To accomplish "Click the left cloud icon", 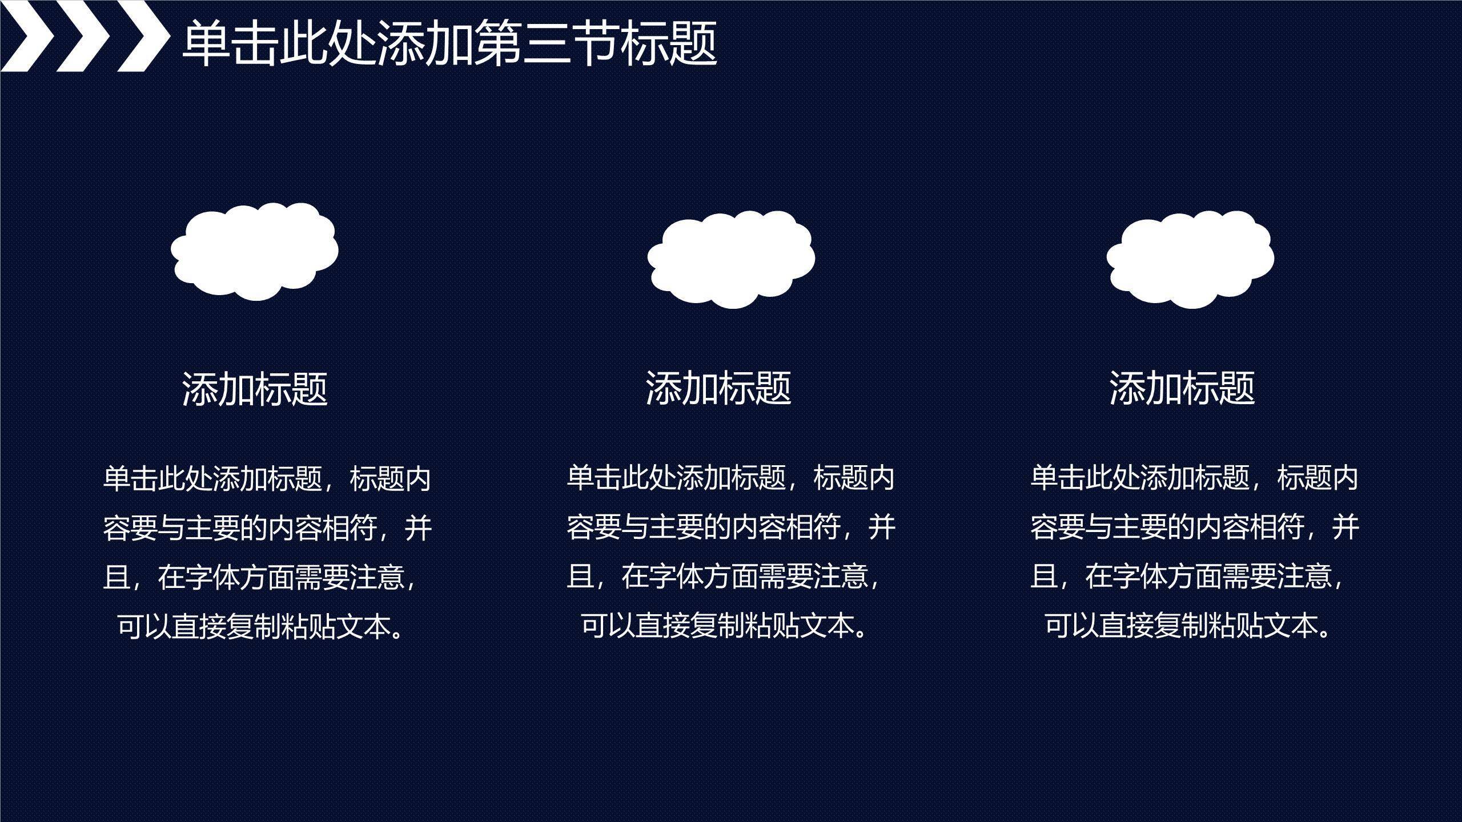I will point(255,251).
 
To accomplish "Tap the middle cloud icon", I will point(731,259).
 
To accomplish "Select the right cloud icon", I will point(1190,259).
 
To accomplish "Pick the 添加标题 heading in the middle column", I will point(718,388).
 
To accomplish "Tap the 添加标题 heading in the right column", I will point(1182,388).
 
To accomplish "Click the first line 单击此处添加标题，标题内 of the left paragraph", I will point(267,478).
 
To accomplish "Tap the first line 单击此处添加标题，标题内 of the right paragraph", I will point(1195,478).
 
